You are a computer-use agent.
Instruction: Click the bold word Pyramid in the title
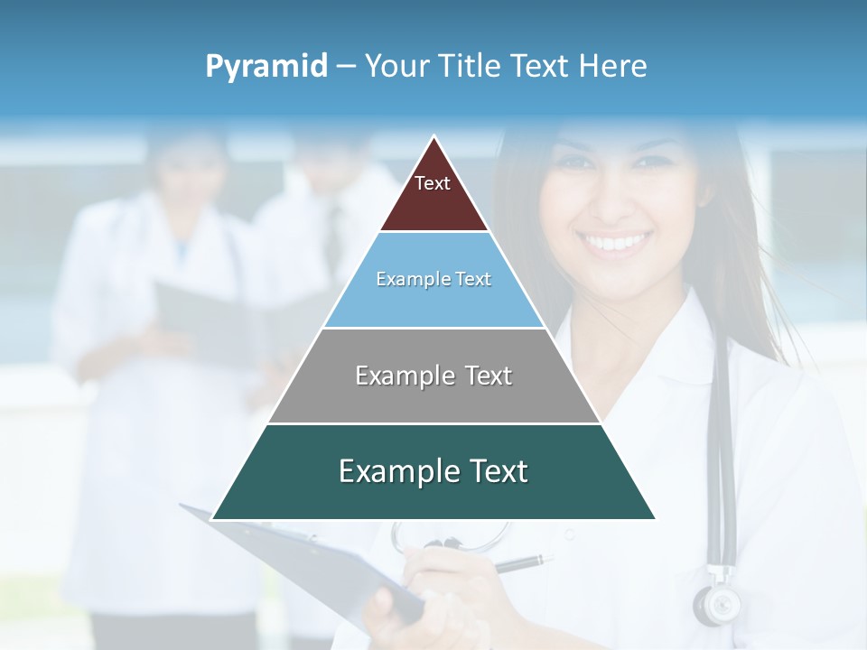[266, 67]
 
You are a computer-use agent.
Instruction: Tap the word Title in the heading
[471, 66]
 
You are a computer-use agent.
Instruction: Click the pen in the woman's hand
[519, 564]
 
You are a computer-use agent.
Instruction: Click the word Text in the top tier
[433, 183]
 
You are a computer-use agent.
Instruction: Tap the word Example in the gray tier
[396, 376]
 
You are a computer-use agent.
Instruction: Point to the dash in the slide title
[345, 67]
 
